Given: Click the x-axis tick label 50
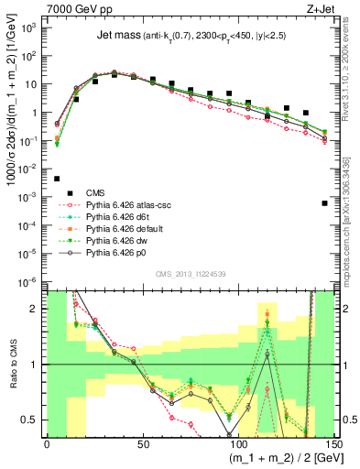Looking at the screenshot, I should point(142,442).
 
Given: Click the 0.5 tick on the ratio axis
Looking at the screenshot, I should point(34,420).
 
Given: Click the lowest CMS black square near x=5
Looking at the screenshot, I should point(57,179).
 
